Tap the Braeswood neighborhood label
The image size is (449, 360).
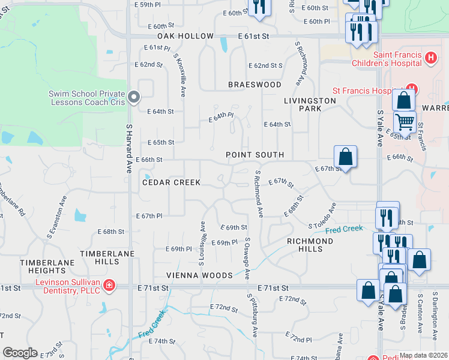(x=255, y=85)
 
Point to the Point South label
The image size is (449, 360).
(x=255, y=155)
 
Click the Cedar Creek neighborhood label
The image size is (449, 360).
(x=171, y=182)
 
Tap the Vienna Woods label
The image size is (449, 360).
(x=200, y=275)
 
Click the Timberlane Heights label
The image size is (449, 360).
(x=42, y=266)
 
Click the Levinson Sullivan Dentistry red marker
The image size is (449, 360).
(x=109, y=284)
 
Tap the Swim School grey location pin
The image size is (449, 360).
(x=134, y=96)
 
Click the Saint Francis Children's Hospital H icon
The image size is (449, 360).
(x=430, y=58)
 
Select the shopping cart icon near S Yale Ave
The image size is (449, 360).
(x=405, y=122)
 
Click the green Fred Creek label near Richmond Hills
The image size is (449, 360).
(x=345, y=230)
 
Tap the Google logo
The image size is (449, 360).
(x=20, y=353)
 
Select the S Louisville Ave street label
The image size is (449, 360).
(x=202, y=243)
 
